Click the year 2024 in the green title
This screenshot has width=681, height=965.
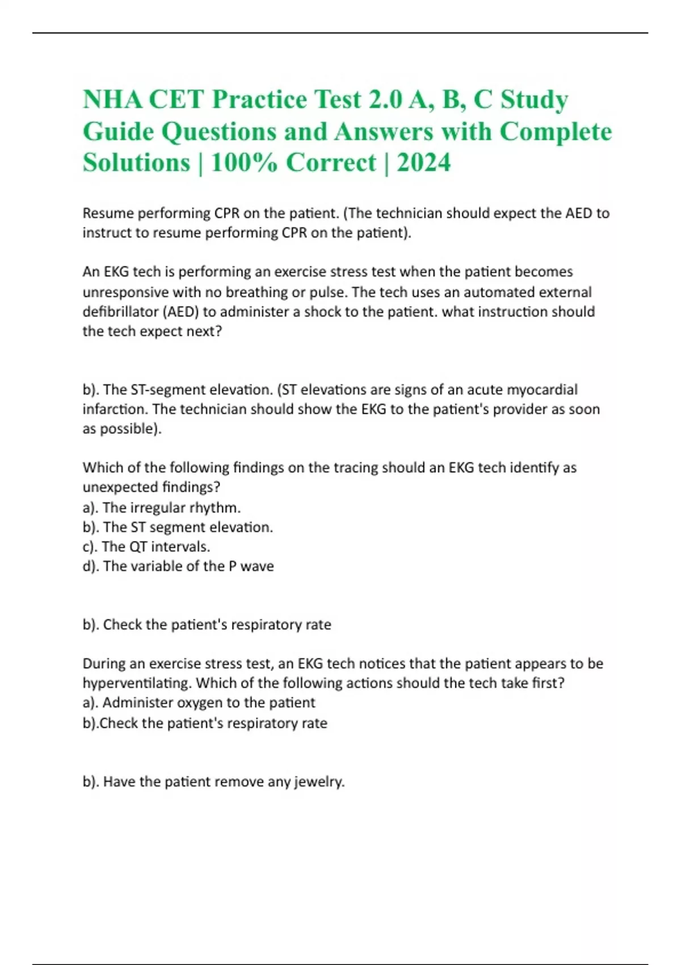423,163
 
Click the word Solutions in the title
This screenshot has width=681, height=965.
136,163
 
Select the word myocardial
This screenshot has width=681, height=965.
541,390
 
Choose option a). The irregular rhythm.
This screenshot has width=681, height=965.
162,507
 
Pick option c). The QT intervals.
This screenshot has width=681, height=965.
146,547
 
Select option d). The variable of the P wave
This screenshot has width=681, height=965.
178,566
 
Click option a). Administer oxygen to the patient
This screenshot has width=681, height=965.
199,703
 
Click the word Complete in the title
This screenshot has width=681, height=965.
555,132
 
